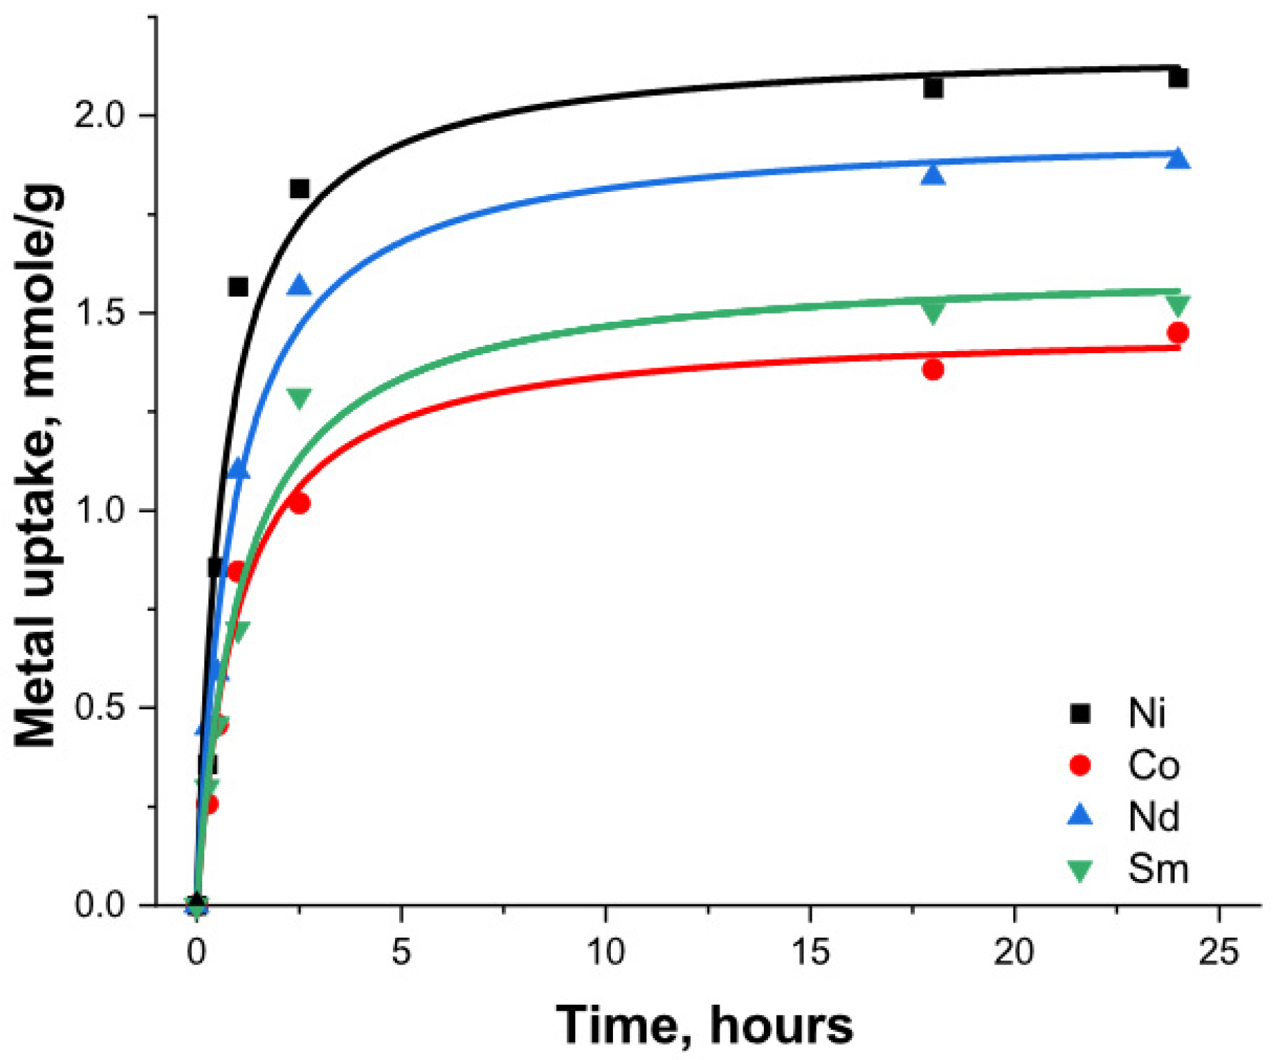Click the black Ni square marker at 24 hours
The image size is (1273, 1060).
click(1177, 78)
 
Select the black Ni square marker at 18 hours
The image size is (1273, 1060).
click(933, 89)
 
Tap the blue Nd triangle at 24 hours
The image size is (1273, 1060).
click(1177, 158)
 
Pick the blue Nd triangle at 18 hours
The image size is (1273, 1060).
click(933, 175)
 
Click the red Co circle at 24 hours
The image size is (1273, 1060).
click(1177, 333)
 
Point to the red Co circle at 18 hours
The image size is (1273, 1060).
click(933, 370)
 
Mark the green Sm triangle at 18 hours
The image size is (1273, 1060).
click(933, 312)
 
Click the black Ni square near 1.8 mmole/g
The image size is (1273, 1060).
click(299, 189)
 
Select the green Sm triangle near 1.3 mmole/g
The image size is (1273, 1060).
click(299, 397)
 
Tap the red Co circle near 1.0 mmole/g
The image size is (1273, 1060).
click(299, 504)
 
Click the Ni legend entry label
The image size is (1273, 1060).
click(1147, 713)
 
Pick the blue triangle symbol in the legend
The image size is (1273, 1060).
click(1080, 815)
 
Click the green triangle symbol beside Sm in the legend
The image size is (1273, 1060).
click(1080, 871)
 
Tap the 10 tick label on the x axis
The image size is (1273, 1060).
click(605, 951)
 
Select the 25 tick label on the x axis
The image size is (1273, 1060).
click(1218, 951)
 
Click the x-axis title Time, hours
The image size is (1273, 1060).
click(704, 1025)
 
